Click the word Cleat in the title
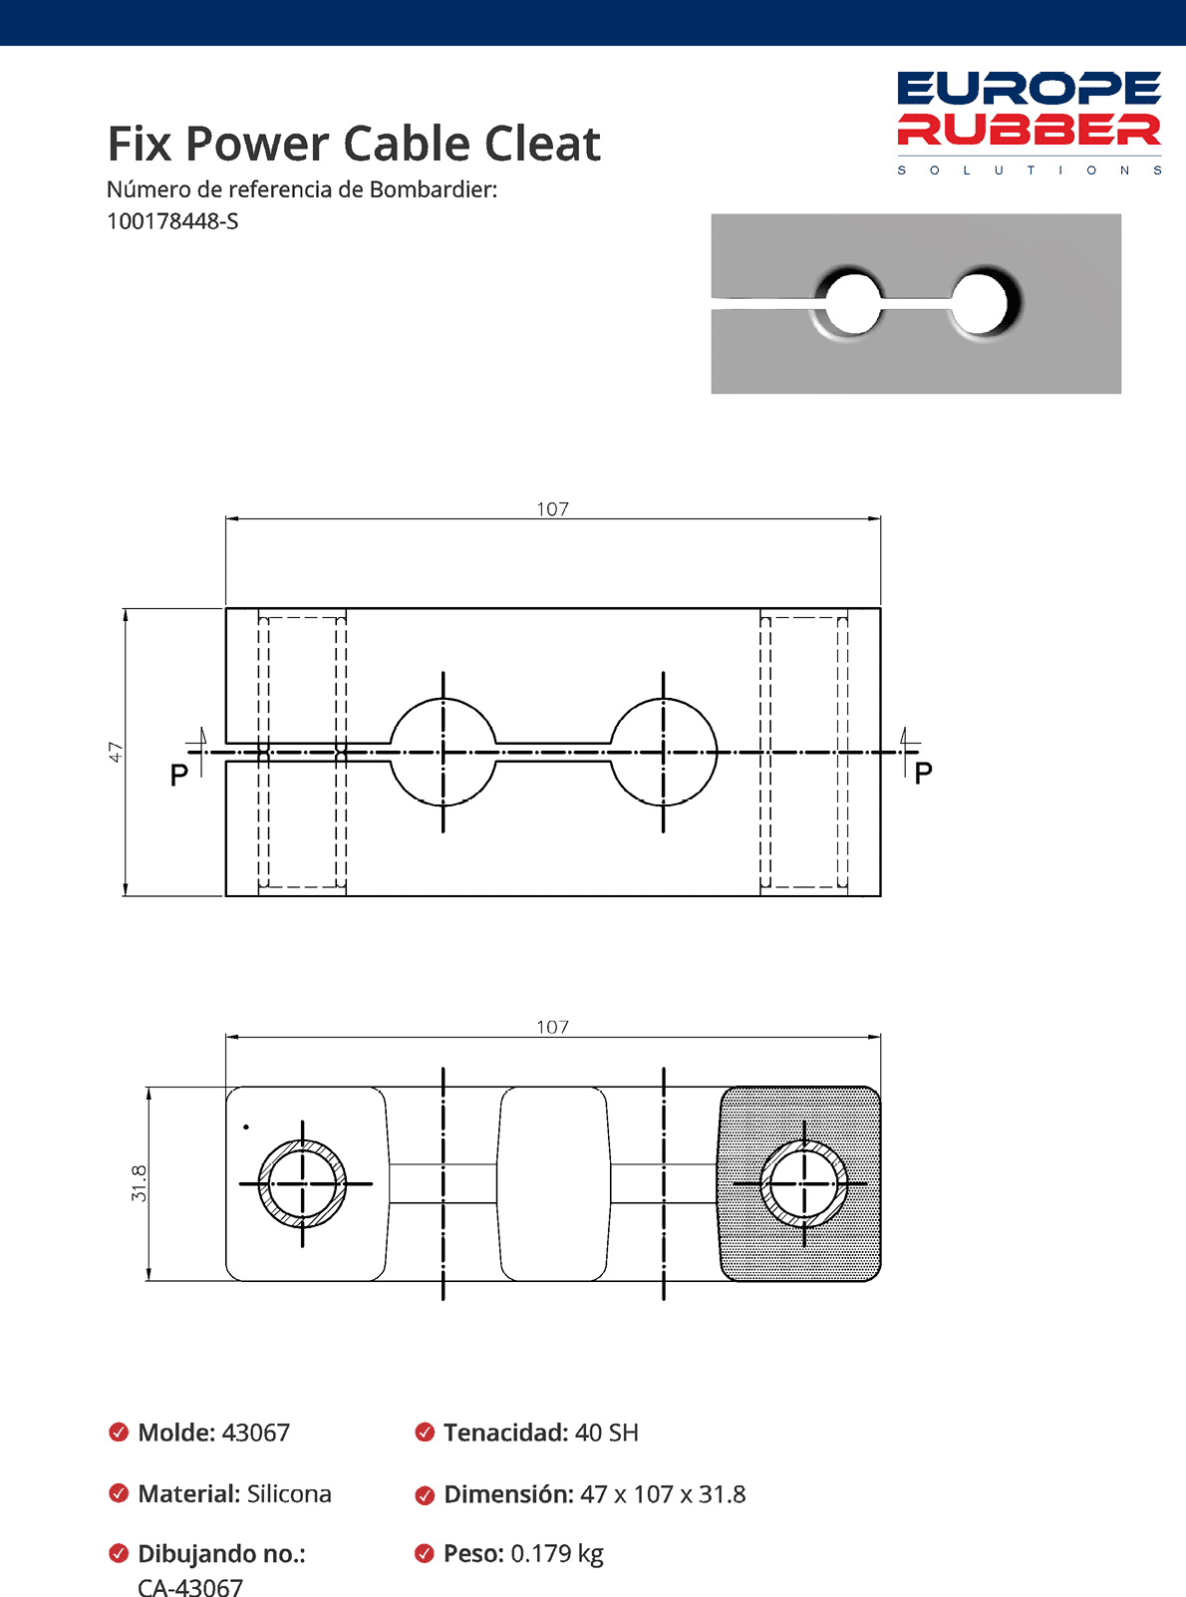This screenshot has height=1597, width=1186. tap(542, 144)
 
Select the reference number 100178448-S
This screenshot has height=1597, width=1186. tap(172, 221)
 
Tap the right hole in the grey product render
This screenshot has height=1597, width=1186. tap(985, 301)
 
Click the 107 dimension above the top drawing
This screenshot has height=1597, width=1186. tap(552, 508)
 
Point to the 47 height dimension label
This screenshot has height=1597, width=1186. tap(116, 752)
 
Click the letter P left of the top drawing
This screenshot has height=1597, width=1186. tap(179, 775)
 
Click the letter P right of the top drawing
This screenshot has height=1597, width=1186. tap(923, 773)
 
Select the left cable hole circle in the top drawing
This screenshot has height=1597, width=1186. tap(443, 753)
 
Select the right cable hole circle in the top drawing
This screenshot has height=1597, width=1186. tap(663, 753)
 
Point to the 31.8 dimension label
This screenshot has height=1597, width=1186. tap(140, 1182)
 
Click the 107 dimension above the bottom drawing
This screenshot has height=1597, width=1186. tap(552, 1027)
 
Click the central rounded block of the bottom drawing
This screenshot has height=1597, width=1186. tap(553, 1183)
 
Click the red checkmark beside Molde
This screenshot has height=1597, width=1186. tap(119, 1433)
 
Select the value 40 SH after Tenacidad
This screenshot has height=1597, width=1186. tap(606, 1433)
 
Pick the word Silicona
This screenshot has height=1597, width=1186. tap(289, 1493)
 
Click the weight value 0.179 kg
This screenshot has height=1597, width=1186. tap(556, 1553)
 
